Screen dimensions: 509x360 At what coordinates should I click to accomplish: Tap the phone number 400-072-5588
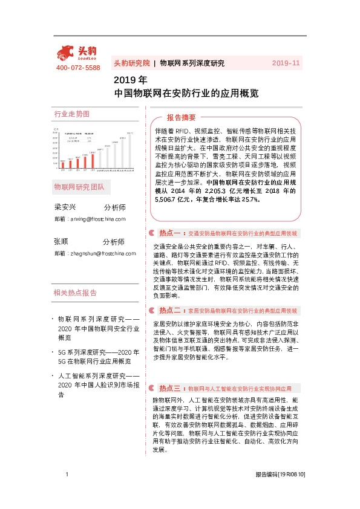[78, 68]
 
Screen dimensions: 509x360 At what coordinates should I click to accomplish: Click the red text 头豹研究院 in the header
[131, 63]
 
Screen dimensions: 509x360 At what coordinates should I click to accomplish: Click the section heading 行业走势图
[71, 114]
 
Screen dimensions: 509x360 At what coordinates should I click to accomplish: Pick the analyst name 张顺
[62, 242]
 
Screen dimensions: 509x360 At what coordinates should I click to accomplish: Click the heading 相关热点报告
[75, 293]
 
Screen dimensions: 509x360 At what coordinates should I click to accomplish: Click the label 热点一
[169, 233]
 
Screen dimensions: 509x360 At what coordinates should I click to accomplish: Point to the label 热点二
[169, 310]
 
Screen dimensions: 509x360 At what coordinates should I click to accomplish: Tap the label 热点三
[169, 387]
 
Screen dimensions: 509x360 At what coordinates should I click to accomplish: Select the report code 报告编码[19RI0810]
[280, 492]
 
